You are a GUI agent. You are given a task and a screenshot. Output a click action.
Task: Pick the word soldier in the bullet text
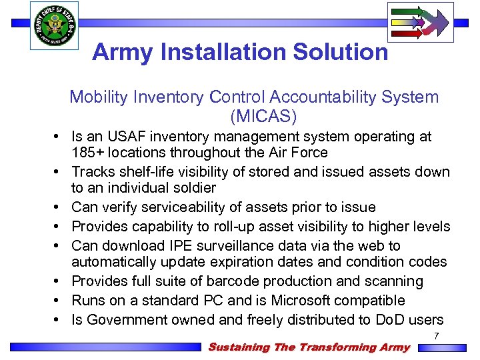click(194, 188)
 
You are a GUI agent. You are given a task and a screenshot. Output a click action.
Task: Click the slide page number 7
click(436, 336)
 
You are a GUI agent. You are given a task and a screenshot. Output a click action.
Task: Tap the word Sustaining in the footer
click(239, 347)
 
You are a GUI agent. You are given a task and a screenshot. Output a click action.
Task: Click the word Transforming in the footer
click(336, 347)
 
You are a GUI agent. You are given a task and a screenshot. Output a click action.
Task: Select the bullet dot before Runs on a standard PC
click(59, 301)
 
